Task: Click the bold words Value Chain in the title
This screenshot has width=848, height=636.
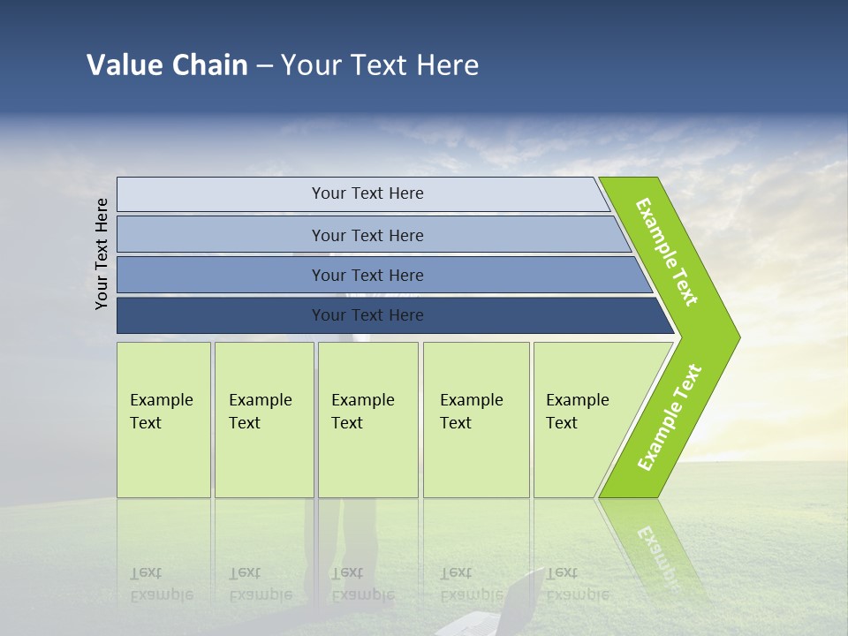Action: pos(167,65)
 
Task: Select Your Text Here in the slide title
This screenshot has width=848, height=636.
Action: pos(380,65)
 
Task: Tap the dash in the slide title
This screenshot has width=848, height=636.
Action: pos(264,66)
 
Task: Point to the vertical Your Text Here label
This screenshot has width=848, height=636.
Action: pos(102,254)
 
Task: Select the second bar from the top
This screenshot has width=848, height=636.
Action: pos(367,235)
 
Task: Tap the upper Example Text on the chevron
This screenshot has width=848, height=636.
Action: pos(667,252)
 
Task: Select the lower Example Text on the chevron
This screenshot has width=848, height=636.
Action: pos(670,418)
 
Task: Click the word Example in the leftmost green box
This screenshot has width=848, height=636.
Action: pos(161,400)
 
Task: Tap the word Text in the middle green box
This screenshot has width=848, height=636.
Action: pos(347,423)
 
